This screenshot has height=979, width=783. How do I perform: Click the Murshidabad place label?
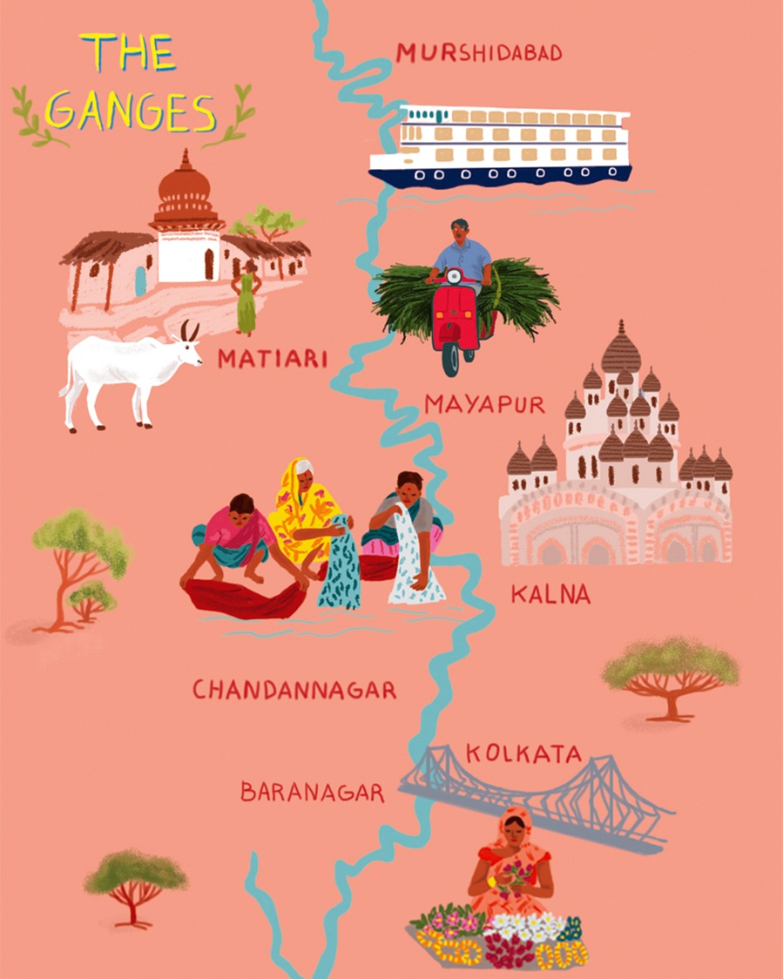pyautogui.click(x=478, y=53)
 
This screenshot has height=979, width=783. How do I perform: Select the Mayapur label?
pyautogui.click(x=484, y=404)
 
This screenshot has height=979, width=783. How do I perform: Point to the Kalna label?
pyautogui.click(x=550, y=595)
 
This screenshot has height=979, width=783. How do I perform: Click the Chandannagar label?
pyautogui.click(x=294, y=691)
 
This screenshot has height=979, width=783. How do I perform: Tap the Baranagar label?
pyautogui.click(x=312, y=793)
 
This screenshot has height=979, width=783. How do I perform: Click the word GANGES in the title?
pyautogui.click(x=130, y=111)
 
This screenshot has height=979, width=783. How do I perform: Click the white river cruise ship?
pyautogui.click(x=500, y=145)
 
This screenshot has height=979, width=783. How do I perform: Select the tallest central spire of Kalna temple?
pyautogui.click(x=621, y=348)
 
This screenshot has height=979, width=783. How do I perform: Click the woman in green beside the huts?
pyautogui.click(x=246, y=299)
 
